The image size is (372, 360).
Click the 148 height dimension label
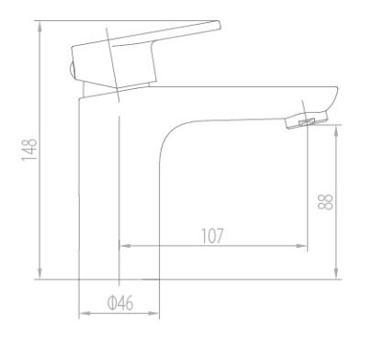29,150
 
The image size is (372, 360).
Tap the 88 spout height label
325,202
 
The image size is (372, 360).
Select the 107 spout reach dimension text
212,236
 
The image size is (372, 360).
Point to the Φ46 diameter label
120,303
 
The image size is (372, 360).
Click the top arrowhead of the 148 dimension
39,27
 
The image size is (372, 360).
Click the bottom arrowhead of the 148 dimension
39,274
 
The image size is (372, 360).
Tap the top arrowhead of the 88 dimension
336,130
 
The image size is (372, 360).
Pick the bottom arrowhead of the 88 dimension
336,274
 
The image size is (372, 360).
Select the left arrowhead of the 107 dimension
125,246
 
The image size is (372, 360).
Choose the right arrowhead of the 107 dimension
301,246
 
